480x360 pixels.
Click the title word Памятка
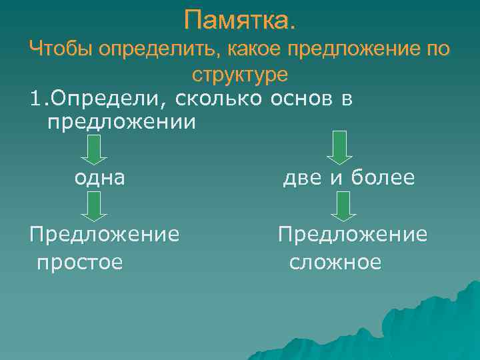click(239, 20)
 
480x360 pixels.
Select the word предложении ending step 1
click(122, 123)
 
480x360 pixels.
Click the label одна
click(99, 178)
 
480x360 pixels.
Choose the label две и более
click(349, 178)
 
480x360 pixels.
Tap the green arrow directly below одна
click(96, 207)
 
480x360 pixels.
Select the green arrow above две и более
click(340, 147)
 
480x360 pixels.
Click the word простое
click(79, 262)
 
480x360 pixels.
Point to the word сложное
click(335, 262)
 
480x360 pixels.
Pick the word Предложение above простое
click(104, 234)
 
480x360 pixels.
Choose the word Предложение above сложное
click(353, 234)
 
